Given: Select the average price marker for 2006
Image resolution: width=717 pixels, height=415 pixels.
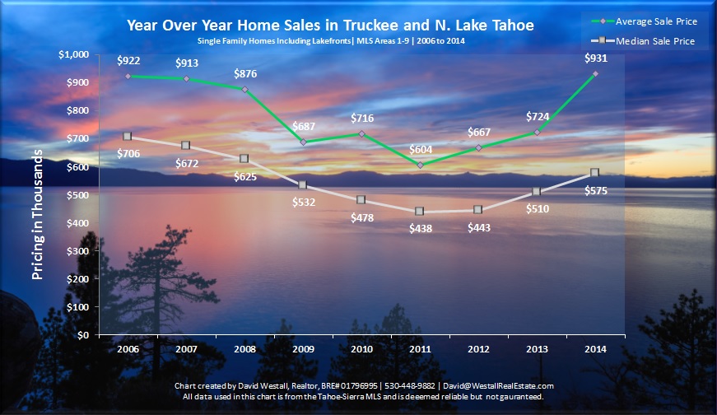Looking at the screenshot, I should click(x=128, y=76).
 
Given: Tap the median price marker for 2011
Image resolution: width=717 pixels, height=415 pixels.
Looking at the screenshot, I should click(x=420, y=212).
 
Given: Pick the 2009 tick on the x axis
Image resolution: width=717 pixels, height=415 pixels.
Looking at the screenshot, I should click(x=303, y=349).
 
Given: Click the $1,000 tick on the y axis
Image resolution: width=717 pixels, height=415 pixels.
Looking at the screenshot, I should click(x=73, y=54).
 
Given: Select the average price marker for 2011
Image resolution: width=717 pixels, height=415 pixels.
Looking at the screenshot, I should click(x=420, y=165).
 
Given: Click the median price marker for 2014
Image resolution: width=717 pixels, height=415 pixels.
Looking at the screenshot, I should click(x=595, y=173).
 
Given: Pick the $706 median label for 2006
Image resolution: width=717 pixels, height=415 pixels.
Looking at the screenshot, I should click(x=128, y=152).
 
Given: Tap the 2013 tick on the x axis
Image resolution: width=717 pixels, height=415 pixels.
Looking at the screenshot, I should click(x=537, y=349).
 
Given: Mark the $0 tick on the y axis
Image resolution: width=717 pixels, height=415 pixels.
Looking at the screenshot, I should click(x=85, y=336).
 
